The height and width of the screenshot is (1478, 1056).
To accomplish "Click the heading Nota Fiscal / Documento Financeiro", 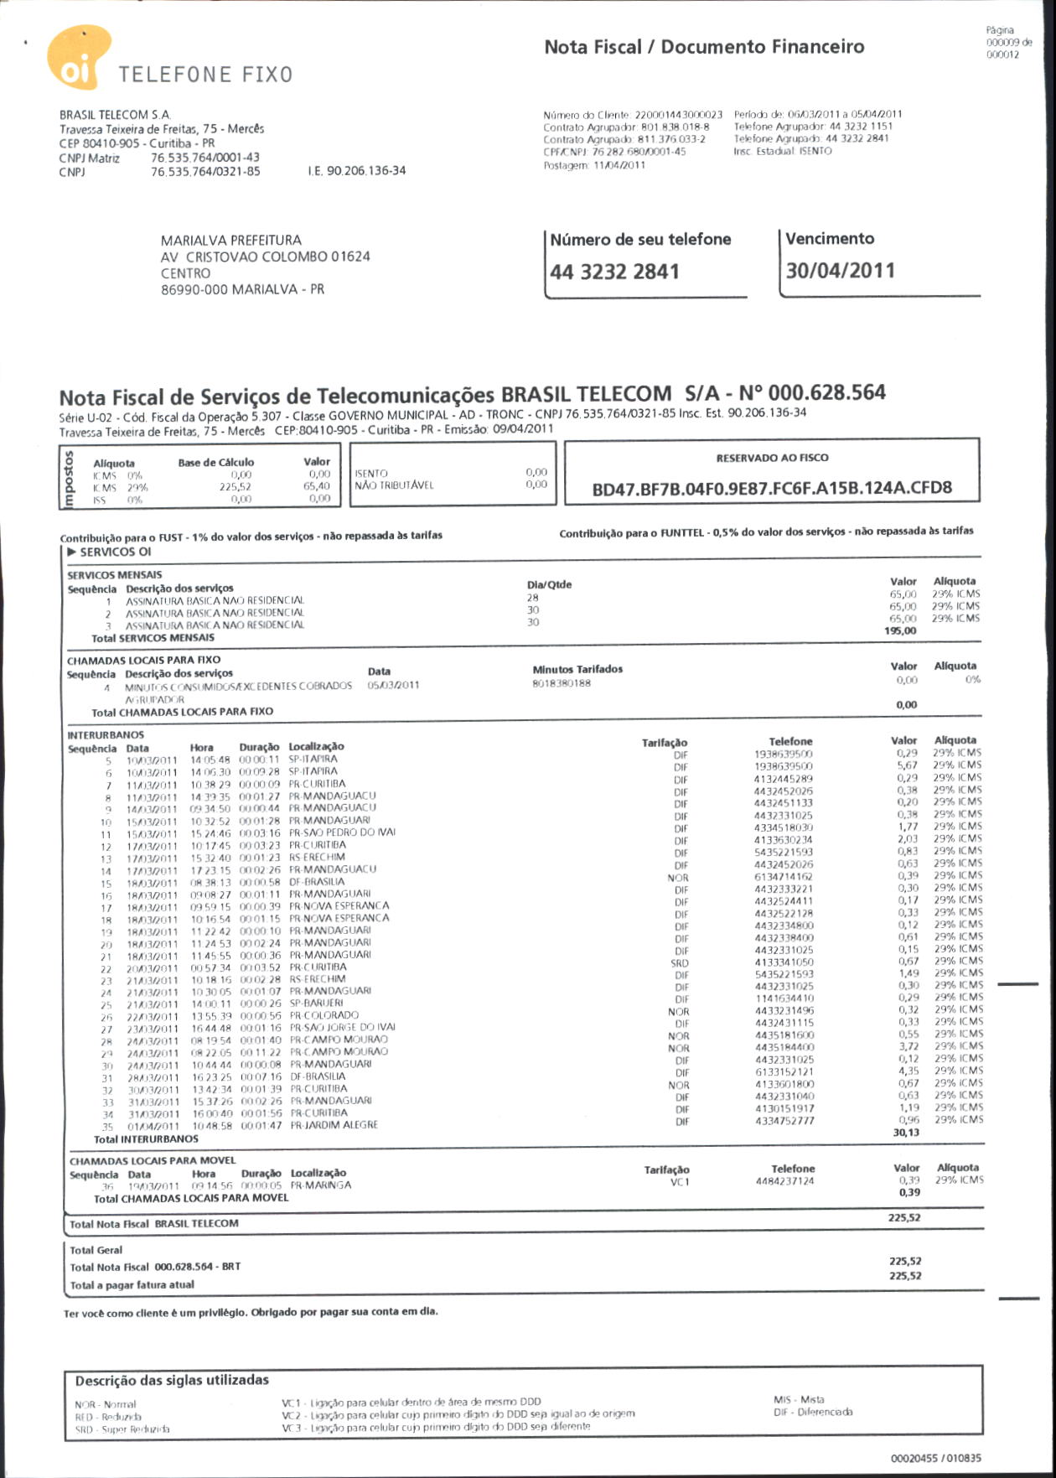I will click(x=704, y=47).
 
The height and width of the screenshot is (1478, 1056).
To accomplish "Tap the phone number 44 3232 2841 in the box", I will click(x=614, y=272).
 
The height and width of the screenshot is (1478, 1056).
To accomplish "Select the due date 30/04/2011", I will click(x=841, y=271).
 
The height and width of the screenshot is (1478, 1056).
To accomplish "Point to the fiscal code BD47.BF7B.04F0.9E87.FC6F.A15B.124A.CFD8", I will click(x=772, y=489).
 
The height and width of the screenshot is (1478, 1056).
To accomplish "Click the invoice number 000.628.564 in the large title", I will click(x=826, y=393).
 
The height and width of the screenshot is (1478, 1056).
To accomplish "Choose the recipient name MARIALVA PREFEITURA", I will click(x=231, y=241).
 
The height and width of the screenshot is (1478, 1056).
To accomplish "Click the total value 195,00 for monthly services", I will click(x=900, y=631).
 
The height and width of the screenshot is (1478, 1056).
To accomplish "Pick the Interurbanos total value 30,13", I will click(x=906, y=1133).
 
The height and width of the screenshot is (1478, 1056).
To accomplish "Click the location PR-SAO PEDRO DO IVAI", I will click(x=342, y=832).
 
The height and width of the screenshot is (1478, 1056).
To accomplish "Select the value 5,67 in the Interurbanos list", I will click(x=907, y=765).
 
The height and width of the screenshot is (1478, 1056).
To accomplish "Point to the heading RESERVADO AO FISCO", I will click(x=772, y=458).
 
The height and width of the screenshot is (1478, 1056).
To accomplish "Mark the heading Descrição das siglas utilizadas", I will click(x=172, y=1380).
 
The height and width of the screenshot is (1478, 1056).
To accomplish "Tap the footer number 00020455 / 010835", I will click(x=935, y=1458).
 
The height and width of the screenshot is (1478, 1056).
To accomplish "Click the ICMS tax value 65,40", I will click(x=317, y=486).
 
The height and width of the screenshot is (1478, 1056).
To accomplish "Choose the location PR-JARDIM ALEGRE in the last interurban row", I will click(x=334, y=1125).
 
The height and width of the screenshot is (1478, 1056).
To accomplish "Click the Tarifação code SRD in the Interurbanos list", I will click(x=680, y=963).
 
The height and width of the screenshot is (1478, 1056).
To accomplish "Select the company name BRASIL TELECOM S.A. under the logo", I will click(x=115, y=115).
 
